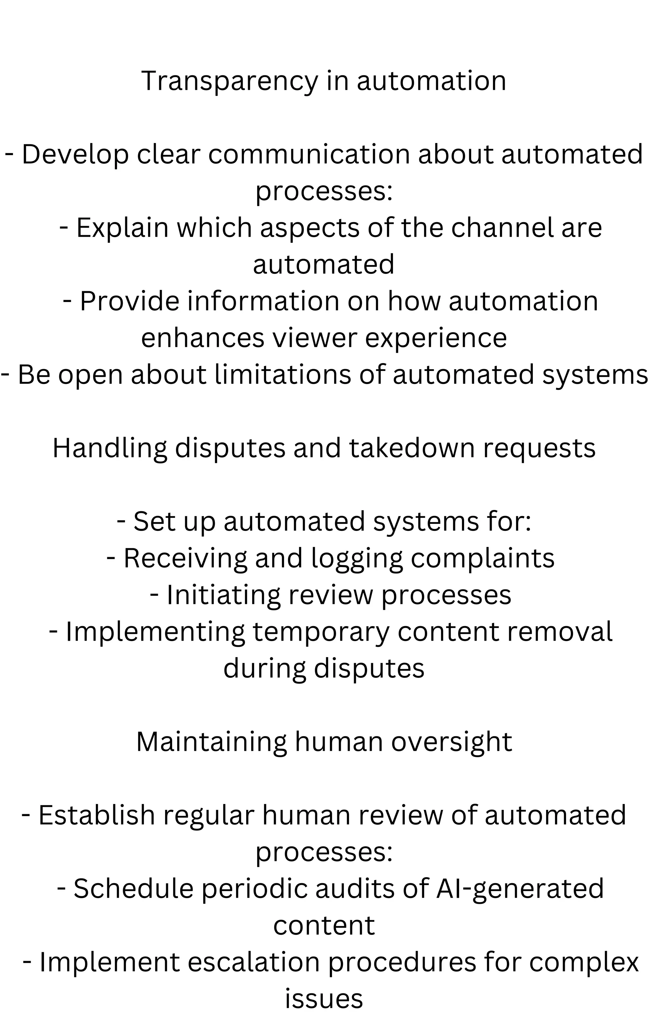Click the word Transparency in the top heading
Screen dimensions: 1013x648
[x=230, y=81]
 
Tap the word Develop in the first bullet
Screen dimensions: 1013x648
[x=75, y=154]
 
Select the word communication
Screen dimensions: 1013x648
[x=309, y=154]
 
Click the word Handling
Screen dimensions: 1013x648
[x=110, y=448]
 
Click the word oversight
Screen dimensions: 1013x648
[x=452, y=742]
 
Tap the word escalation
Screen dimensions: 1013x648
[x=254, y=962]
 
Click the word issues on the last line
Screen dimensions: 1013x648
[x=324, y=998]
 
